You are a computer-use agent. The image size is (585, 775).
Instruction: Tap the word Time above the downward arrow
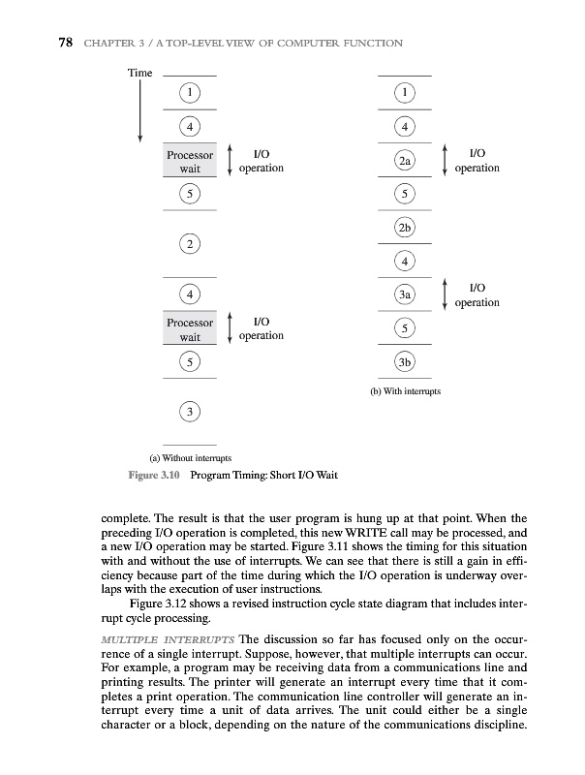tap(141, 74)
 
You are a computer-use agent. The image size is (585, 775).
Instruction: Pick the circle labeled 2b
tap(405, 229)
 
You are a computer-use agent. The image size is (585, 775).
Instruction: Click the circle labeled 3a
tap(405, 294)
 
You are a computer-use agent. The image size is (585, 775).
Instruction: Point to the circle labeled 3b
tap(405, 362)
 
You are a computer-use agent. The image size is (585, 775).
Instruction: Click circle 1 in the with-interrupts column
tap(405, 92)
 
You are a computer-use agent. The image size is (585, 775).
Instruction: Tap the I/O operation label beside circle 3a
tap(477, 295)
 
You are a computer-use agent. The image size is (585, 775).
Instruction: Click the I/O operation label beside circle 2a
tap(477, 161)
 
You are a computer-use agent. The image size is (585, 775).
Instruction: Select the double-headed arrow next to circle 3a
tap(444, 294)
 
